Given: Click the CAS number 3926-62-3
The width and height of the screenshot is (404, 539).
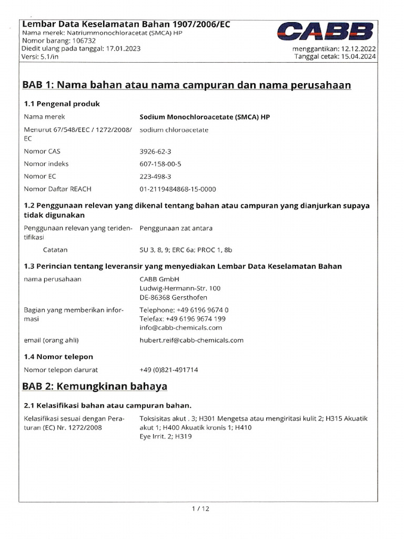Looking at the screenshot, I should tap(155, 151).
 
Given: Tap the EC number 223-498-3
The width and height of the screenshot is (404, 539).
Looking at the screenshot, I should tap(155, 176).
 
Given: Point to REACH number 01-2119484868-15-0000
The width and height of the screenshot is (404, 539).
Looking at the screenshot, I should tap(178, 189).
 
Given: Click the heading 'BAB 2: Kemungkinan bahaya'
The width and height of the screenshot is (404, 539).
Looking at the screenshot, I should tap(95, 386).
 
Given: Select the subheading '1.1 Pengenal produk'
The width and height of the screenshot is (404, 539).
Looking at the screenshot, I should tap(62, 104).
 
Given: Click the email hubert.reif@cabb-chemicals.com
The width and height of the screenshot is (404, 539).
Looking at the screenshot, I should tap(191, 340).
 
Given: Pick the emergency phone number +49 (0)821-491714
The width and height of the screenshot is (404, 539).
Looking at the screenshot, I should tap(169, 370).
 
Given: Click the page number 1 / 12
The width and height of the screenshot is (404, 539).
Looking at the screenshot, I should tap(201, 508).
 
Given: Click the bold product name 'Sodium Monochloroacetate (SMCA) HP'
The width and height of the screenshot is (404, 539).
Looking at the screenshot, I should tap(205, 117).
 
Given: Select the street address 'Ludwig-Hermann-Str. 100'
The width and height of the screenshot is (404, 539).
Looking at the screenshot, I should tap(180, 288).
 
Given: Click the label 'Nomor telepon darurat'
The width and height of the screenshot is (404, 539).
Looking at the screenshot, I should tap(61, 370).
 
